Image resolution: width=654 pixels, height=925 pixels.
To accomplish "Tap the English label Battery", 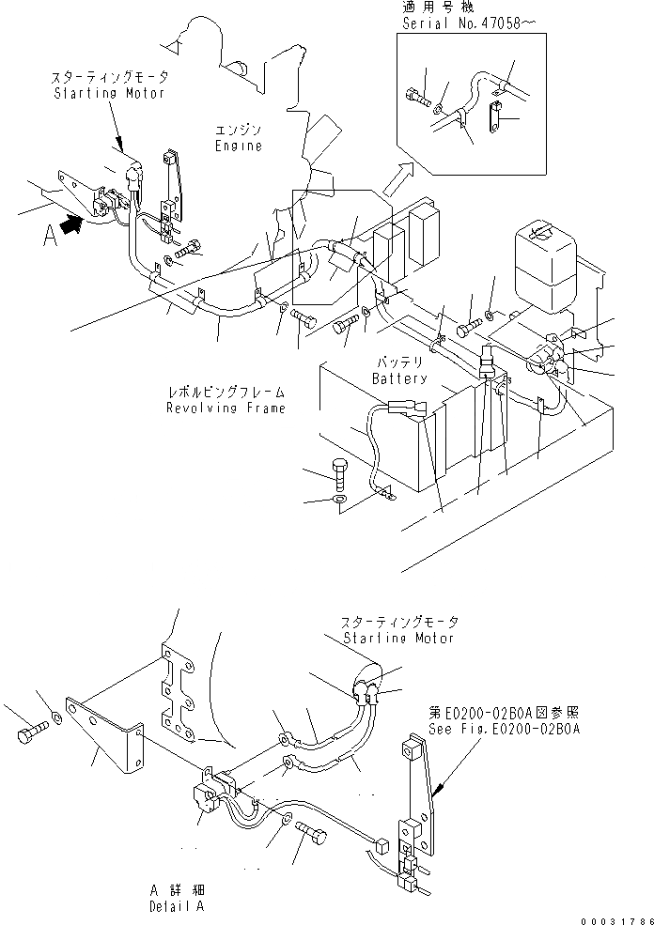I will coord(399,378).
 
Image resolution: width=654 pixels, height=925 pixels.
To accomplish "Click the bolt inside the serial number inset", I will coord(418,94).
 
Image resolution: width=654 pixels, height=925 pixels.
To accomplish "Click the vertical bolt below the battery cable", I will coord(340,470).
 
